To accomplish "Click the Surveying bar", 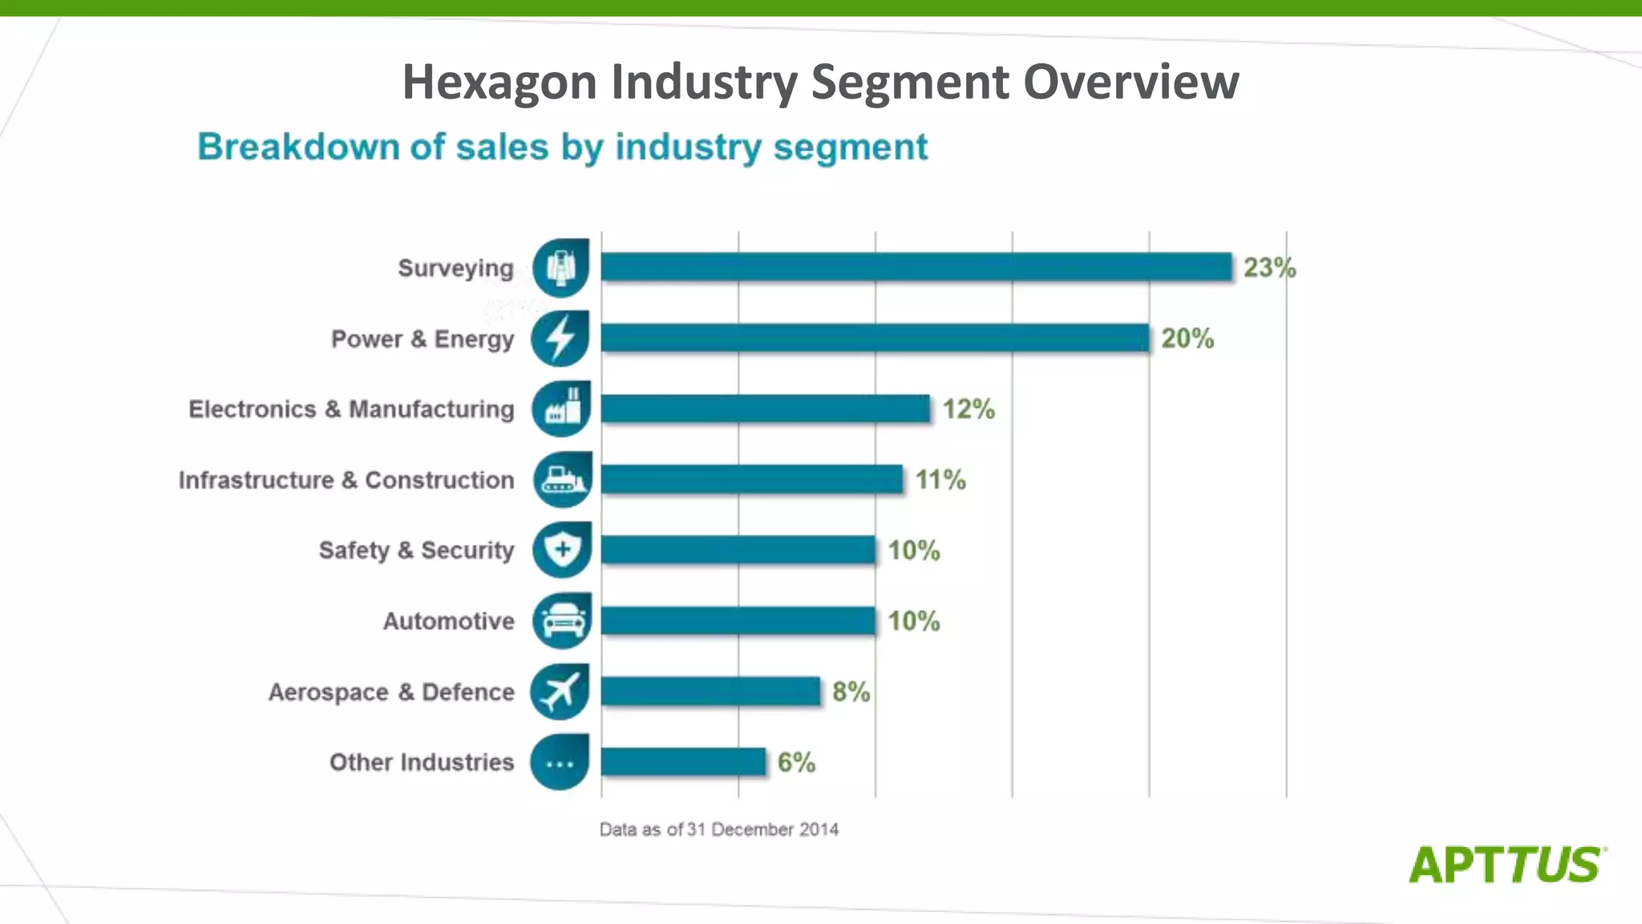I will pos(916,267).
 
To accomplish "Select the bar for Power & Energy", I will pos(874,338).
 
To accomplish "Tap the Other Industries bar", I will pos(683,762).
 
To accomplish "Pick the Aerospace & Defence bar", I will pos(710,691).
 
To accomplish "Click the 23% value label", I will pos(1269,267).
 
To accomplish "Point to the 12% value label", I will pos(969,409).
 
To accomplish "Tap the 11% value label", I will pos(940,480).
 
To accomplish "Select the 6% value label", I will pos(796,762).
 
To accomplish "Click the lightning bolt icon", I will pos(560,338).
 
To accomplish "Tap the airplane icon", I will pos(560,691).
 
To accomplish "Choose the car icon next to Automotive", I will pos(562,621).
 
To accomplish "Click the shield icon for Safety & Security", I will pos(562,550).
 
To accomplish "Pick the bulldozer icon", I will pos(562,480).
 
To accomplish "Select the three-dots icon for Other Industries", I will pos(560,763).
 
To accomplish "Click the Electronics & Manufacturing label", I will pos(351,409).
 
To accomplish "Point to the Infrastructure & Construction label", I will pos(346,480).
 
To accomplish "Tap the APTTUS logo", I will pos(1507,865).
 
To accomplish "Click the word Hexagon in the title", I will pos(499,82).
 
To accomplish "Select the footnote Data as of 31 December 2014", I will pos(718,829).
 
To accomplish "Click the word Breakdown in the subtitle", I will pos(298,147).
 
